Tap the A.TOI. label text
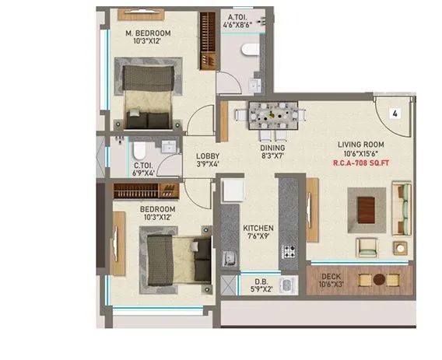point(238,19)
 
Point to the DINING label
point(272,148)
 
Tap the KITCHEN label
point(258,227)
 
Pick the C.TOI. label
point(142,166)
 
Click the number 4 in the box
point(395,114)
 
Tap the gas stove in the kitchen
point(289,252)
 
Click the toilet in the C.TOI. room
point(137,149)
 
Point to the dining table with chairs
point(272,116)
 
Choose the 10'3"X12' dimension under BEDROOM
point(158,220)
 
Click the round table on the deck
point(379,279)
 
